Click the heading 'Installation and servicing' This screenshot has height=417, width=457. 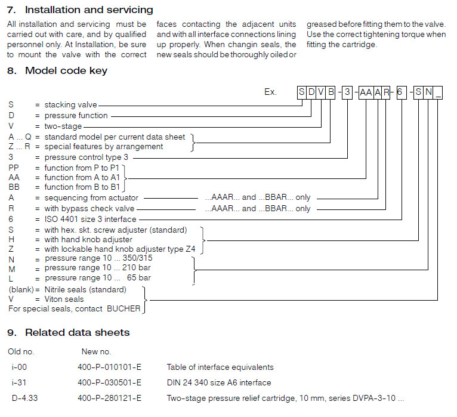pos(88,10)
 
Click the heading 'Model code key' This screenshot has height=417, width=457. pos(66,71)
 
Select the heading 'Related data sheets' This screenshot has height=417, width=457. pos(77,332)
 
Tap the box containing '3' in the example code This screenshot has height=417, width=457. pos(347,92)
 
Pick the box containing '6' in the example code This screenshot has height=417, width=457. pos(402,92)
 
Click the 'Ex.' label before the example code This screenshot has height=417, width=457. pos(271,92)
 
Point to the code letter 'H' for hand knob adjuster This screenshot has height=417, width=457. pos(11,240)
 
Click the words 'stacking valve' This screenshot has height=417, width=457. pos(70,105)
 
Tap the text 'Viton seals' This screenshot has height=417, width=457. pos(64,299)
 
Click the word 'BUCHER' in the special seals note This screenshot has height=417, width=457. pos(123,309)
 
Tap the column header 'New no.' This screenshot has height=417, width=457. pos(96,351)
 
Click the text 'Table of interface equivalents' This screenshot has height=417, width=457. pos(220,367)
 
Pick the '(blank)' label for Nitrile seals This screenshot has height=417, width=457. pos(20,289)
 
